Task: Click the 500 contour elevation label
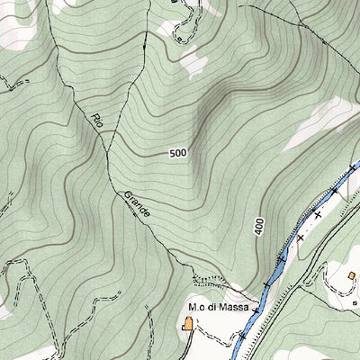178,154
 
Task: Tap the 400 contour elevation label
259,226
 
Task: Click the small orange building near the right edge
351,274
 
